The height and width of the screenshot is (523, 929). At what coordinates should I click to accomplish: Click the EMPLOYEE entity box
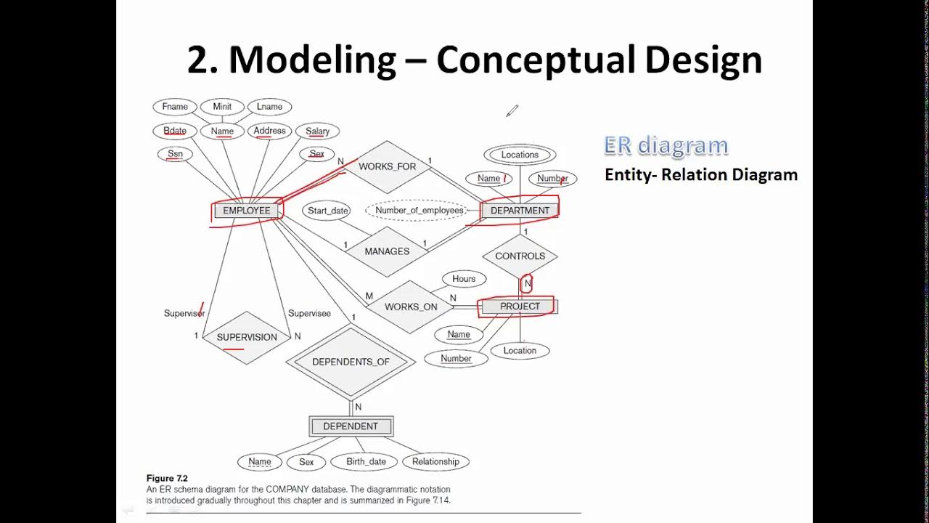coord(246,211)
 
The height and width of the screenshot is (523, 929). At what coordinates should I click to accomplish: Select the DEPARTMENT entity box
coord(520,211)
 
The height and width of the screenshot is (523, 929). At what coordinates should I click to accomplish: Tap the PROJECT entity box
coord(520,307)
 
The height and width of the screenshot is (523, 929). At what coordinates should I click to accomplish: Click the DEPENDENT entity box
coord(351,426)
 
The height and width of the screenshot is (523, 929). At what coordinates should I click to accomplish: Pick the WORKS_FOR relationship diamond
coord(387,166)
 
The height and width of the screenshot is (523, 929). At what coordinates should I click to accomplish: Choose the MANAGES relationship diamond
coord(387,251)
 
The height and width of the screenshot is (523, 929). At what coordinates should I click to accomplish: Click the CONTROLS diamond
coord(520,256)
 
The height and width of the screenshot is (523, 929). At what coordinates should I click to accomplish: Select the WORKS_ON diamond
coord(411,307)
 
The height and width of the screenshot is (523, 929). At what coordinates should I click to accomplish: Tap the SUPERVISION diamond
coord(247,337)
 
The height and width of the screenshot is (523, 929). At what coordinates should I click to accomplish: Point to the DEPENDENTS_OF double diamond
coord(351,362)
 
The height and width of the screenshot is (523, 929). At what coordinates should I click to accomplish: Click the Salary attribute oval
coord(317,131)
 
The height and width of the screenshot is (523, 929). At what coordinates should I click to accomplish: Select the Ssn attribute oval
coord(175,154)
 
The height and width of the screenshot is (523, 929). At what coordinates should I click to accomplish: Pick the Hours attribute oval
coord(464,279)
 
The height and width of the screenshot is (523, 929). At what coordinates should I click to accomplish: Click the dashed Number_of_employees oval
coord(419,211)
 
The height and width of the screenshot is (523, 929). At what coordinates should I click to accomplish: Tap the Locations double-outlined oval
coord(520,155)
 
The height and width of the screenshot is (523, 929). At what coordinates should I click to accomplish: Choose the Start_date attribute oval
coord(328,211)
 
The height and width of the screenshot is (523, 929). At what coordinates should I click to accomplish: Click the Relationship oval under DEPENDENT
coord(435,461)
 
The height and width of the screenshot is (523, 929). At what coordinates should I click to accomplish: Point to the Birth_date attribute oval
coord(366,461)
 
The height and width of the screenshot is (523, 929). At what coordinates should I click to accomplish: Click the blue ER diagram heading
coord(666,145)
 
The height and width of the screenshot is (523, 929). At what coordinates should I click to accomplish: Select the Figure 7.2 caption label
coord(167,478)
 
